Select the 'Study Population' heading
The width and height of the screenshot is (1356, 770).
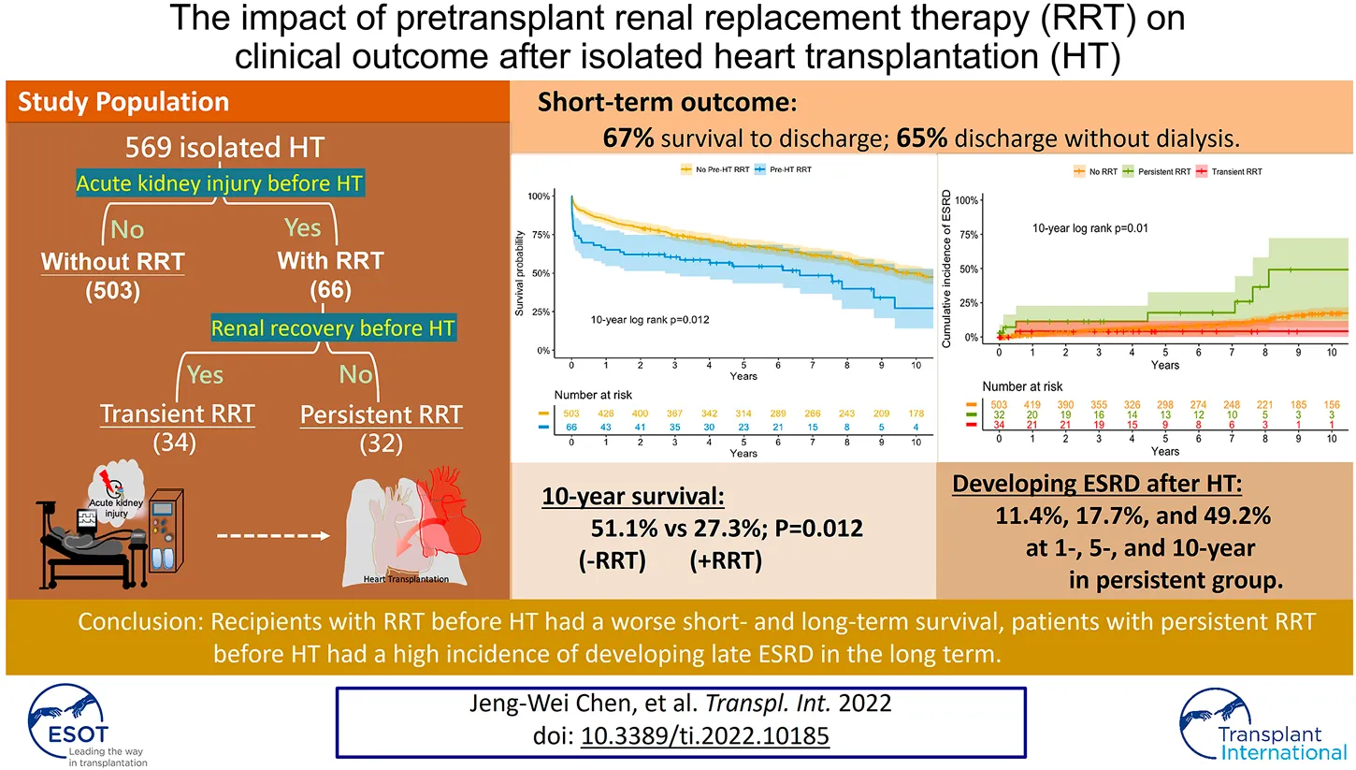pos(123,102)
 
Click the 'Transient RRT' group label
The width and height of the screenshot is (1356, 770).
pos(177,414)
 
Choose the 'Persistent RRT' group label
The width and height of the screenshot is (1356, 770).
pos(382,414)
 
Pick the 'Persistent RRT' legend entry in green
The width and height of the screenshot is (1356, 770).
pos(1164,171)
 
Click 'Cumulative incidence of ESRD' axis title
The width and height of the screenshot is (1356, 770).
pos(946,267)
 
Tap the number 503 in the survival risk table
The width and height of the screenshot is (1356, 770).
pos(572,414)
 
